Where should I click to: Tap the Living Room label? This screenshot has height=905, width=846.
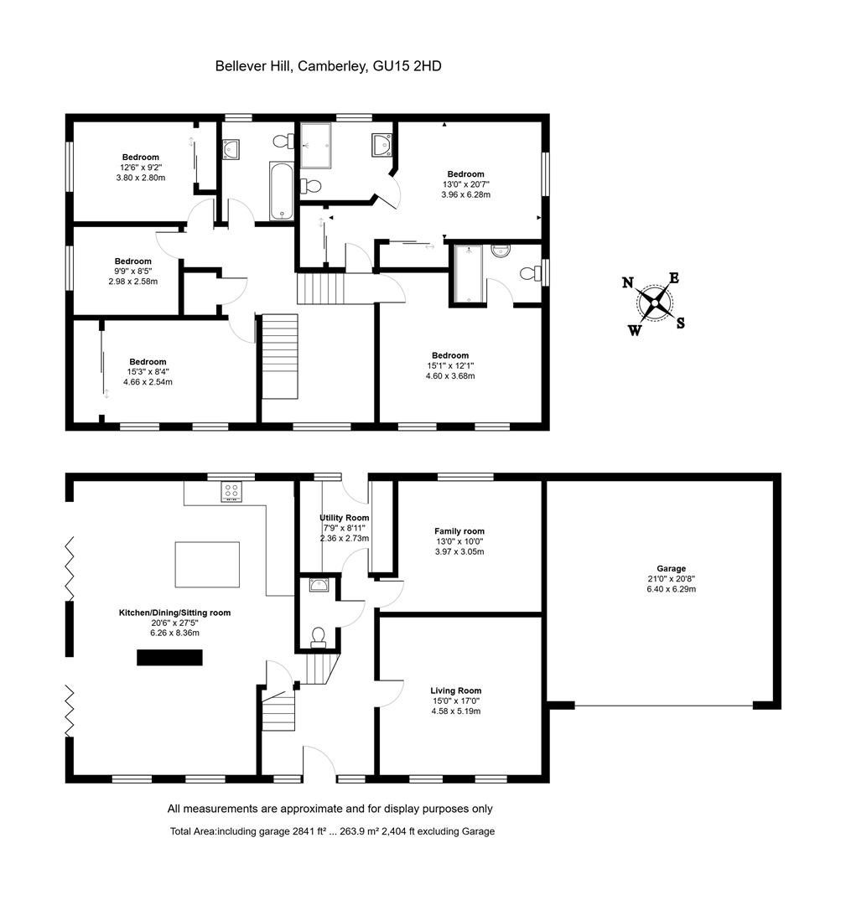[457, 690]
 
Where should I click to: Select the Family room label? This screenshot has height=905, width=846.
[459, 531]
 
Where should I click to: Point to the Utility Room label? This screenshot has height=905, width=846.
[344, 518]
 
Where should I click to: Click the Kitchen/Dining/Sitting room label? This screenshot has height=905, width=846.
[174, 613]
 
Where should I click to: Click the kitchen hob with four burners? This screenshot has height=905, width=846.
[232, 492]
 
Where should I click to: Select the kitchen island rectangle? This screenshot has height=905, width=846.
[206, 565]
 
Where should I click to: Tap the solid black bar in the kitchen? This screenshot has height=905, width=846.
[170, 659]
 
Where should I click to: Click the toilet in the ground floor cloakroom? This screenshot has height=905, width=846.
[318, 639]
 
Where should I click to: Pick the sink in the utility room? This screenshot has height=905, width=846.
[319, 585]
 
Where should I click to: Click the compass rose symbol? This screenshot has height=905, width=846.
[654, 303]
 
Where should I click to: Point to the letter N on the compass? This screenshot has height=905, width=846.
[627, 282]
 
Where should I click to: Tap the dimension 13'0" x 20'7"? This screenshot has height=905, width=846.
[465, 184]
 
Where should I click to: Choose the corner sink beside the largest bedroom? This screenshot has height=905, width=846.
[381, 146]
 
